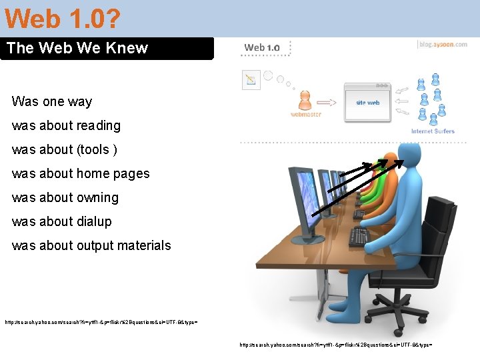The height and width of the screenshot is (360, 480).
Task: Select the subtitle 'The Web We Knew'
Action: (77, 48)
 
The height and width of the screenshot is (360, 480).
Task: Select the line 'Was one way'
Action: (52, 101)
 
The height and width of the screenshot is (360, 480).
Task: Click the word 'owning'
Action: (97, 197)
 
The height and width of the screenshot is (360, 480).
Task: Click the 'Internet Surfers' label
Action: (433, 131)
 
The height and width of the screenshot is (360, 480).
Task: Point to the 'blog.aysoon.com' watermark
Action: (443, 45)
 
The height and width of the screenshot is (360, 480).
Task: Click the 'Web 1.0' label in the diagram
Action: (262, 47)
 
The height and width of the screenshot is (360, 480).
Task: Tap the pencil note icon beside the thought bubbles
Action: (251, 80)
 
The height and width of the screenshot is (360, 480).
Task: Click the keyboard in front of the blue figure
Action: (359, 237)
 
